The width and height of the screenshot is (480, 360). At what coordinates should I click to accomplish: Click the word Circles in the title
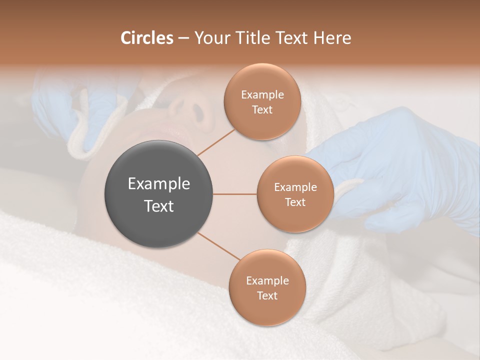pos(146,38)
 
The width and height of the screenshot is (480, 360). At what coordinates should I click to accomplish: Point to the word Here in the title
pos(332,38)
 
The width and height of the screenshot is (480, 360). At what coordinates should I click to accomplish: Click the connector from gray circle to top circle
pos(216,142)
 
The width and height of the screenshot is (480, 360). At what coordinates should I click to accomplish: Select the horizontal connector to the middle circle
pos(235,194)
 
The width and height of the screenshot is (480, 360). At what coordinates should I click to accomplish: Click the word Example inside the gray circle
pos(159,184)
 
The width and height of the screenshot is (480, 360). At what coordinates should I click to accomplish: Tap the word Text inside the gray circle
pos(159,206)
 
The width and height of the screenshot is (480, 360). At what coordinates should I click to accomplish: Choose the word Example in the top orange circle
pos(262,95)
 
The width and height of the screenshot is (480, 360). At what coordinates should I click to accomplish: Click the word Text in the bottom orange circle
pos(267,295)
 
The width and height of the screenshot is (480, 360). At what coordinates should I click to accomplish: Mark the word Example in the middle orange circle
pos(295,187)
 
